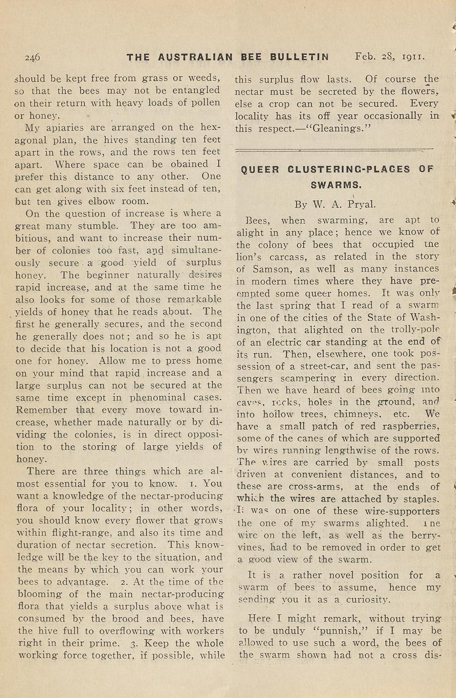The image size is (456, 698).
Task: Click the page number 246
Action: point(32,57)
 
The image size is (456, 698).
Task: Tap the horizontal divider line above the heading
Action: point(335,149)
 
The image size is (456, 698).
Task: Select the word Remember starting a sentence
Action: point(42,410)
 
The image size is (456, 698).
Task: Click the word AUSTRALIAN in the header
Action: point(195,57)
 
